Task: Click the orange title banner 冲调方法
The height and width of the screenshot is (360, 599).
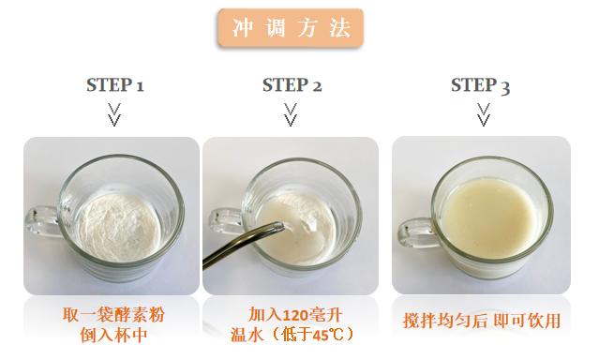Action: [291, 28]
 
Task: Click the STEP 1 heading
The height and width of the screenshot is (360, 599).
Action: [115, 84]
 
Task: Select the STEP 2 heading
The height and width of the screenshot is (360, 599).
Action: [292, 84]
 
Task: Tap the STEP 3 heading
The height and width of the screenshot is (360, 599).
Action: [480, 85]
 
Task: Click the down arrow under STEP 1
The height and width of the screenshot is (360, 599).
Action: [114, 114]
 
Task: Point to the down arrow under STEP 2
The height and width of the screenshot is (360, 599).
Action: [291, 114]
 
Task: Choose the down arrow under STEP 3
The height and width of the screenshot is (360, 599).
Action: [484, 114]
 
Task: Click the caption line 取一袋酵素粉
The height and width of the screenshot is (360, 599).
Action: [113, 315]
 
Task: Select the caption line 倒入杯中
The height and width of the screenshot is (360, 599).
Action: [113, 336]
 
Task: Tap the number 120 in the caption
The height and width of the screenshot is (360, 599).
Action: [295, 316]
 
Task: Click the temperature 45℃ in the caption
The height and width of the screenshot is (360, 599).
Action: [328, 336]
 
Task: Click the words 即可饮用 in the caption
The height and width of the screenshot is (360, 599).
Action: [527, 321]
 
